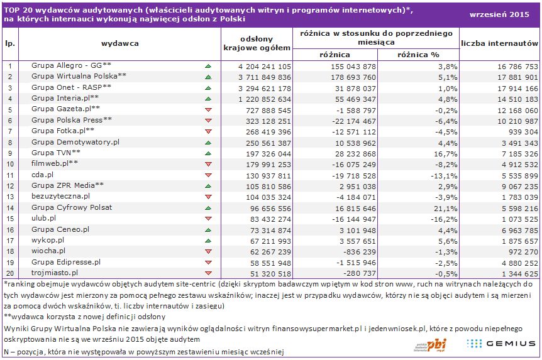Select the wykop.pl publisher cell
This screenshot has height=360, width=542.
point(48,240)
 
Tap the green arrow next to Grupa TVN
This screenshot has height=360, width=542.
point(208,153)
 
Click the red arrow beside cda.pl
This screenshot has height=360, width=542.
point(208,175)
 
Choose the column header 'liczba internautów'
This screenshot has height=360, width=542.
point(500,43)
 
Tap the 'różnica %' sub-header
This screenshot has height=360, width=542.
point(418,55)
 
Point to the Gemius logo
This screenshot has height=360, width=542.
point(502,343)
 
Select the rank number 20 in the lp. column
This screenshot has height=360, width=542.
point(11,273)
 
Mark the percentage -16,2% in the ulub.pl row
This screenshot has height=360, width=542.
point(426,218)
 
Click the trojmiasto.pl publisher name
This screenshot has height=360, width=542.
point(55,273)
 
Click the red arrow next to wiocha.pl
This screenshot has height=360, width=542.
point(208,251)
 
